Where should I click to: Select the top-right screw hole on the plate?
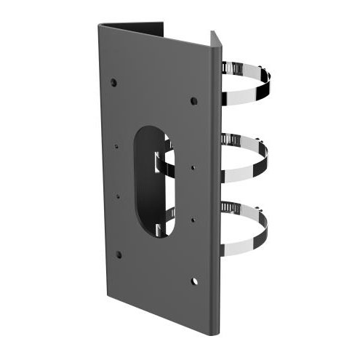click(x=193, y=100)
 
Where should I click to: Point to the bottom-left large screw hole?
click(x=119, y=254)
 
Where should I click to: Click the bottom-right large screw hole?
click(x=194, y=280)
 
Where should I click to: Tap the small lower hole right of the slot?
click(x=193, y=218)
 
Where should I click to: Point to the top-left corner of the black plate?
click(x=100, y=26)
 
